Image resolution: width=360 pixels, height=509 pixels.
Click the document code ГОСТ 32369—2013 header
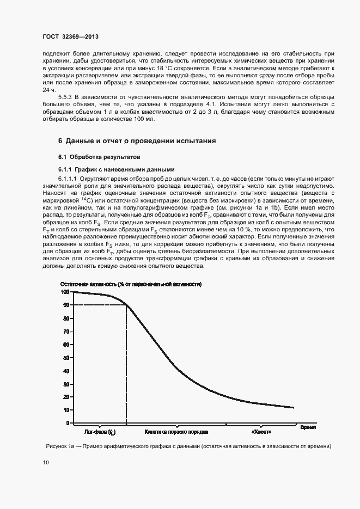[71, 37]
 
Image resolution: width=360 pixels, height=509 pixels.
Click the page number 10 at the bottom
[45, 462]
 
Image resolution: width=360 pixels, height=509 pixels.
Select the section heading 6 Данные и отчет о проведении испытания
[137, 141]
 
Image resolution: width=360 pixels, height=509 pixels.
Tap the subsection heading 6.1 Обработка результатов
[99, 156]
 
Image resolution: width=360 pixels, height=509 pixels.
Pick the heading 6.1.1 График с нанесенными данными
[117, 169]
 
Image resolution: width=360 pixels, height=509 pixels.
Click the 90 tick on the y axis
[65, 305]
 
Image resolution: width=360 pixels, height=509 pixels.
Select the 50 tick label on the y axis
[65, 357]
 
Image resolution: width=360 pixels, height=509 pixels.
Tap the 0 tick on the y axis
[67, 423]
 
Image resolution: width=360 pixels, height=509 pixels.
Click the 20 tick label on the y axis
[65, 397]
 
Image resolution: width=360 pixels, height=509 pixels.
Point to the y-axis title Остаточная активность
[131, 284]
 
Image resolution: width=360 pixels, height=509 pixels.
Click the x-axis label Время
[308, 427]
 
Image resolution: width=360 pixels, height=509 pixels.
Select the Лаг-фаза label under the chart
[99, 433]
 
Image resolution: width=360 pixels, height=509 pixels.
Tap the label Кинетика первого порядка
[176, 433]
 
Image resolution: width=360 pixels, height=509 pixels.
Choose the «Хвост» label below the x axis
[259, 433]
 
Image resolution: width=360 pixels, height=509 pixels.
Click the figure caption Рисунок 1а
[188, 446]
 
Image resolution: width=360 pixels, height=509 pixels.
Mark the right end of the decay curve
[293, 407]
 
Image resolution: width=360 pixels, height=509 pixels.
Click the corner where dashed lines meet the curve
[126, 305]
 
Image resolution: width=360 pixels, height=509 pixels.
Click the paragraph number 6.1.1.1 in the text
[69, 178]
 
